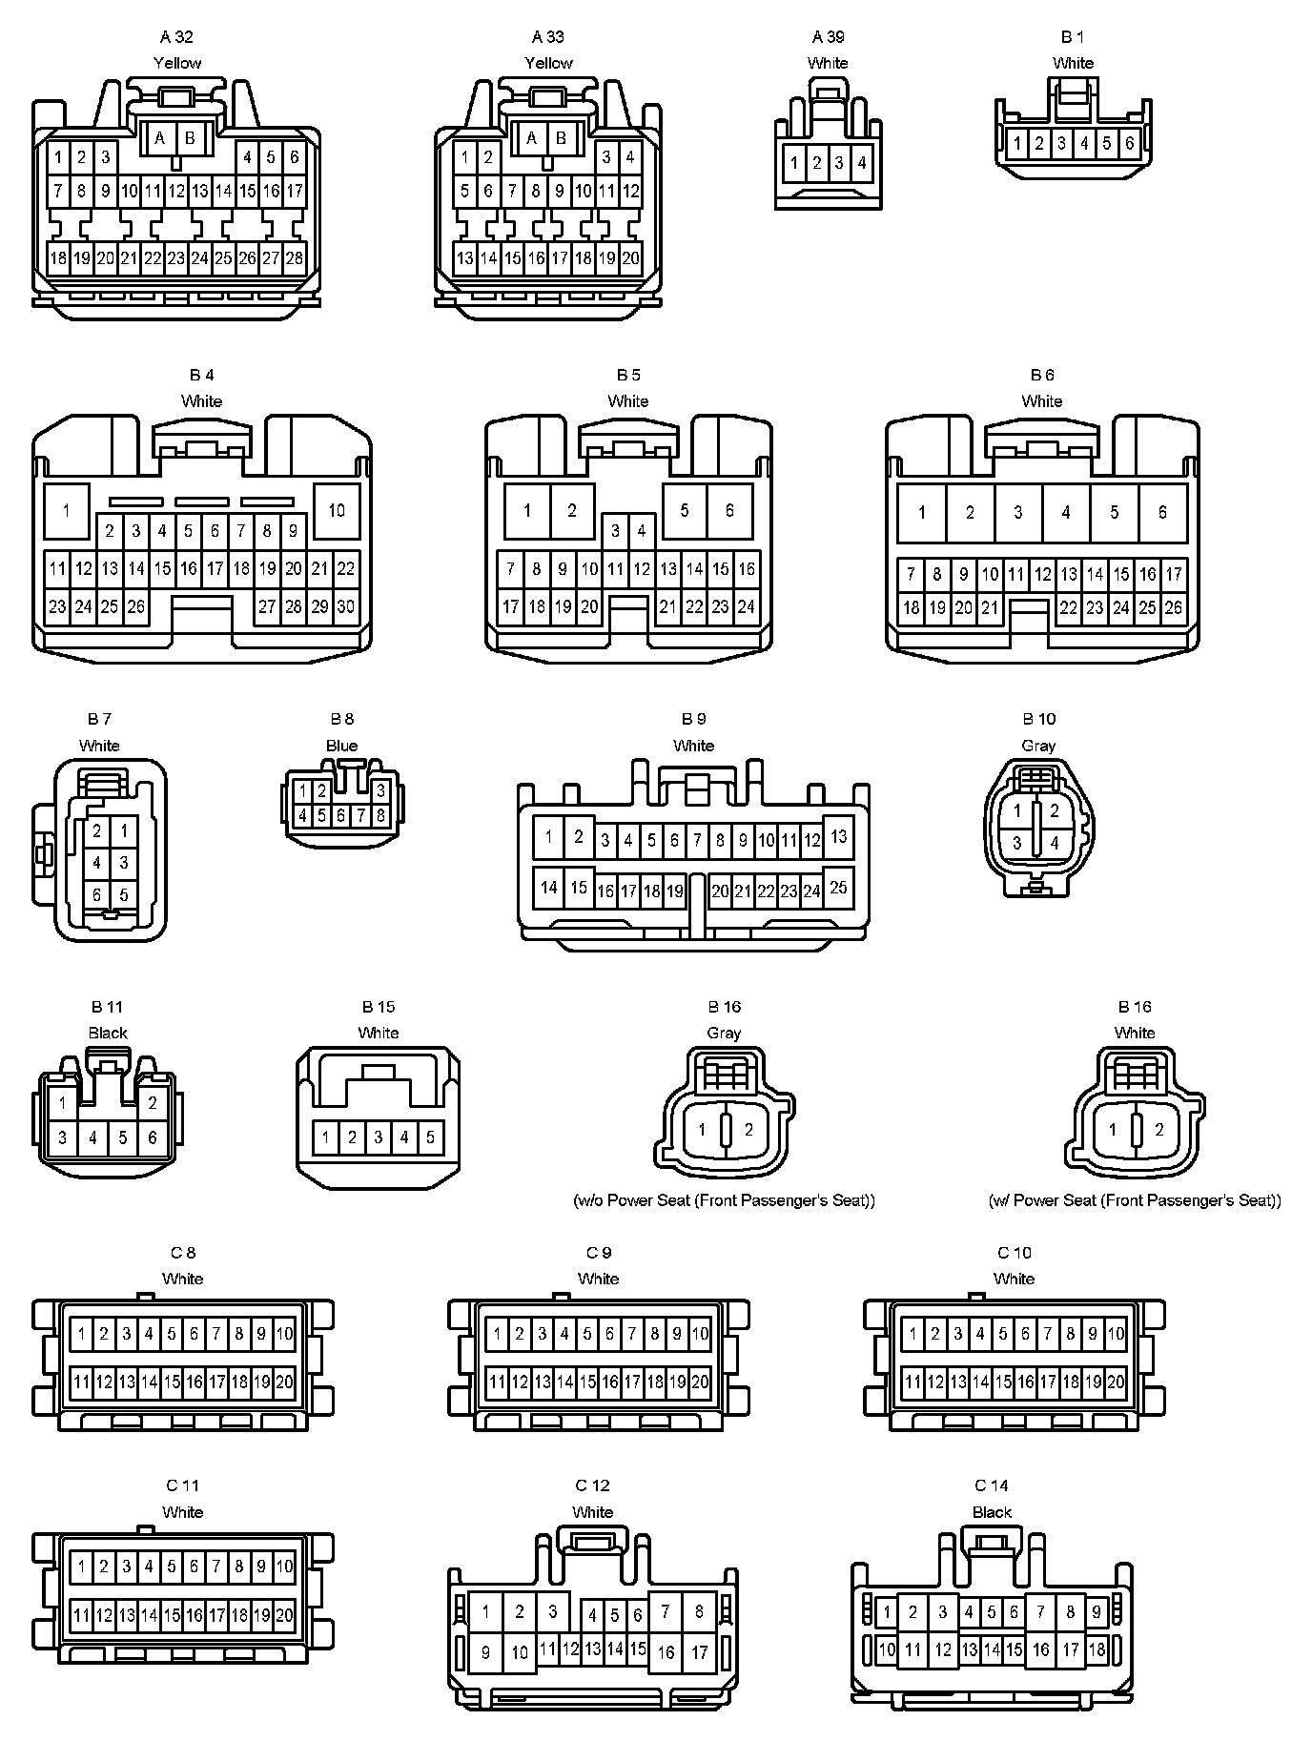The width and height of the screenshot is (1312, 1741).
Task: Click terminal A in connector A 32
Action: [x=160, y=138]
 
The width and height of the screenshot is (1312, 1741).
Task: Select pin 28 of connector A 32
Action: [x=294, y=257]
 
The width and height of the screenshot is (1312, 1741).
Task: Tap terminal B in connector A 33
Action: [x=561, y=138]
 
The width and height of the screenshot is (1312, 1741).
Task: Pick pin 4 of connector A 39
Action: [x=861, y=163]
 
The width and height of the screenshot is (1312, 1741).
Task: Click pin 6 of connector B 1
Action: [x=1129, y=144]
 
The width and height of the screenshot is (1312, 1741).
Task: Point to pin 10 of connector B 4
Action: [x=337, y=510]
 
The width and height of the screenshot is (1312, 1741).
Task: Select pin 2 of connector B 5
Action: [x=571, y=510]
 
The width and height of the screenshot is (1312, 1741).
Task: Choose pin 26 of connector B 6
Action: [x=1173, y=606]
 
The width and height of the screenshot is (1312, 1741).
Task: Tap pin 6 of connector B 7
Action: [x=96, y=894]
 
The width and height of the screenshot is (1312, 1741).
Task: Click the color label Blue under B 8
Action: [x=341, y=746]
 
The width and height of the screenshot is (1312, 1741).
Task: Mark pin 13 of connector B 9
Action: [x=838, y=836]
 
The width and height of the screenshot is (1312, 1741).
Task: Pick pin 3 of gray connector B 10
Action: [x=1017, y=843]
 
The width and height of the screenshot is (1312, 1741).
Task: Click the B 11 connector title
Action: [x=108, y=1007]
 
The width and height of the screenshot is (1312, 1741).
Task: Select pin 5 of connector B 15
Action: [x=430, y=1137]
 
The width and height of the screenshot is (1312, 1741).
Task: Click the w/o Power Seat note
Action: [x=724, y=1200]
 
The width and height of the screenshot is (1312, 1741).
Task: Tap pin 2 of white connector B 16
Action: [x=1158, y=1130]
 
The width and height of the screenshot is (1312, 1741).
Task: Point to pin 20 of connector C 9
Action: [x=700, y=1381]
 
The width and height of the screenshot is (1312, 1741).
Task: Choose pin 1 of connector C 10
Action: [x=912, y=1334]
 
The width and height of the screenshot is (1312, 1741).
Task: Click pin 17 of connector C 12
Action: [x=699, y=1652]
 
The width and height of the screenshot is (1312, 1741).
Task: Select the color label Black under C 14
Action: [x=992, y=1512]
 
